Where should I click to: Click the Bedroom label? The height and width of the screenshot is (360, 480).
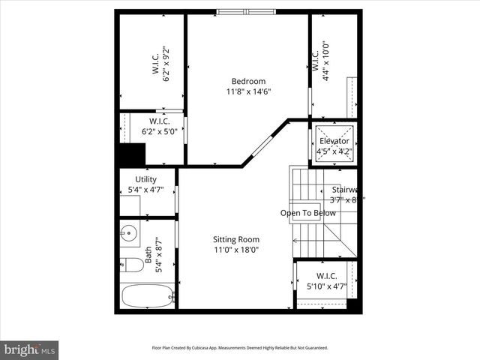click(x=247, y=81)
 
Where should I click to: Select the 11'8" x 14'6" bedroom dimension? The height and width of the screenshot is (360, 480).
click(x=247, y=91)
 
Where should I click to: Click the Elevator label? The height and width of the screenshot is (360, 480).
click(x=334, y=141)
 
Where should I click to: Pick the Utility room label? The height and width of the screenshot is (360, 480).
click(x=145, y=179)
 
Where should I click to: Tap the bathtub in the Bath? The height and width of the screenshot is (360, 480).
click(x=146, y=296)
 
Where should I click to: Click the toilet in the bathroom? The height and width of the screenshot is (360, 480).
click(x=132, y=265)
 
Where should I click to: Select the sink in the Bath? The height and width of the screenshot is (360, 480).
click(x=127, y=233)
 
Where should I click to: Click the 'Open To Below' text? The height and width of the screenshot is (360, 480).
click(x=307, y=213)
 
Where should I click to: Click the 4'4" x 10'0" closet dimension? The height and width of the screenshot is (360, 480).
click(x=325, y=59)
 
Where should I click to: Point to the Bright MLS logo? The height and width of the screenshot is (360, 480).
click(x=30, y=349)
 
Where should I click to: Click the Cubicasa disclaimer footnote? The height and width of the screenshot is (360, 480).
click(x=239, y=348)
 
